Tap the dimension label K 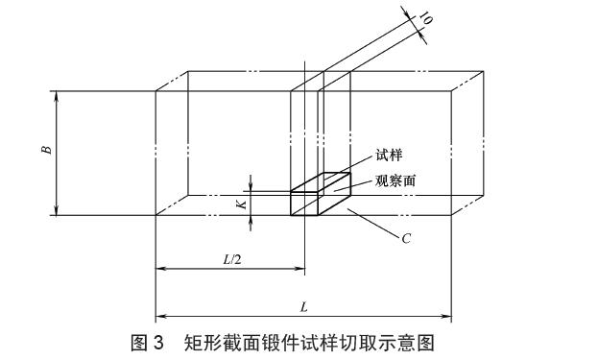(x=243, y=202)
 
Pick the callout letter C (x=406, y=238)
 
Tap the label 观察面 (x=395, y=180)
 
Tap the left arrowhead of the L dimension (x=159, y=316)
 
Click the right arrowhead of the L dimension (x=448, y=316)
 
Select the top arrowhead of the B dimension (x=57, y=95)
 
